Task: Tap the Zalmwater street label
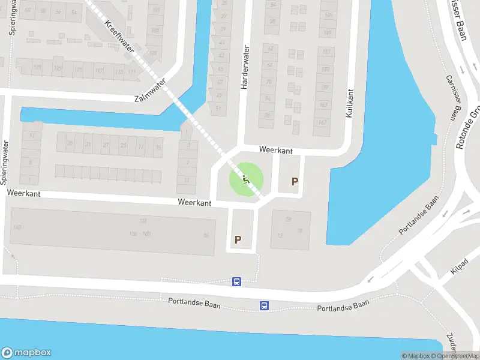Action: pos(150,94)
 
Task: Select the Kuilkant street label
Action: pos(350,103)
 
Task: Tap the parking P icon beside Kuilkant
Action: pos(295,181)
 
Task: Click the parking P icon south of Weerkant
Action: pos(238,239)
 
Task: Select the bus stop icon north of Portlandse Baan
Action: pos(237,281)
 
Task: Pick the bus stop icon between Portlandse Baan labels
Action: pos(264,306)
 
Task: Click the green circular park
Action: pos(245,178)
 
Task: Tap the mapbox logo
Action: pos(26,352)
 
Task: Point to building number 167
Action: pos(323,123)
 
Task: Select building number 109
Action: pos(154,53)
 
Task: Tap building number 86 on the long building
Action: pos(207,235)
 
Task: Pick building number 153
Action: pos(326,52)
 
